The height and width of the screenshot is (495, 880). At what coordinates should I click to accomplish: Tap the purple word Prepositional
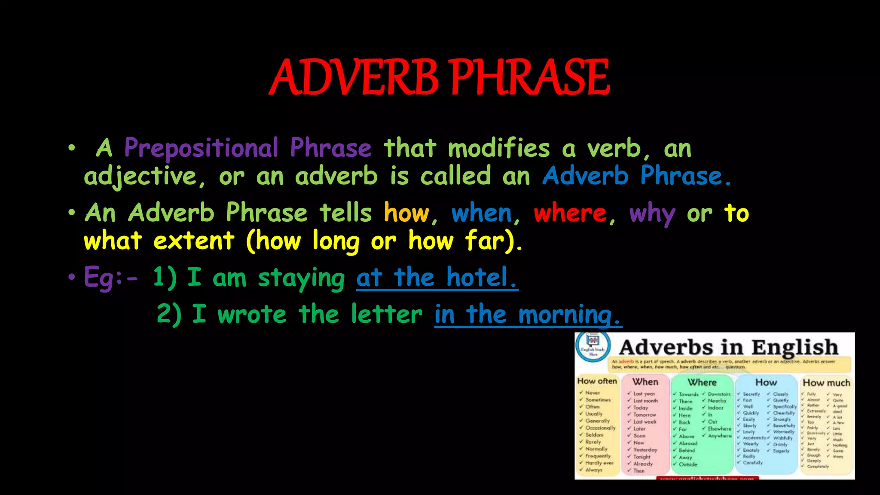pyautogui.click(x=202, y=148)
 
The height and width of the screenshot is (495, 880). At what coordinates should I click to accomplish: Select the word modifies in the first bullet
pyautogui.click(x=499, y=148)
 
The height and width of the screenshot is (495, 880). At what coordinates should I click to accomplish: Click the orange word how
pyautogui.click(x=406, y=213)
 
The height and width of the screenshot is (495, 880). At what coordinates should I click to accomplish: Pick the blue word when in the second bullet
pyautogui.click(x=482, y=213)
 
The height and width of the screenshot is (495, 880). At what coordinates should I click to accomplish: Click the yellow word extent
pyautogui.click(x=194, y=241)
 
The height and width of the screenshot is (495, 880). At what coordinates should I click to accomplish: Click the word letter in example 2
pyautogui.click(x=387, y=314)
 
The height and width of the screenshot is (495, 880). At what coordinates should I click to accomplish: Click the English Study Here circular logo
pyautogui.click(x=593, y=346)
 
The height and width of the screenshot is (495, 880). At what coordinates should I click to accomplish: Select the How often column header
pyautogui.click(x=597, y=381)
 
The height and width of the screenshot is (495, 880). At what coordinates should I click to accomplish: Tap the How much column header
pyautogui.click(x=826, y=382)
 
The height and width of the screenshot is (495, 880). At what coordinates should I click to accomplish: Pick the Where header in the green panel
pyautogui.click(x=702, y=382)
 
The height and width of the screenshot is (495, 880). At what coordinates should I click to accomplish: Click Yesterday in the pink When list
pyautogui.click(x=645, y=450)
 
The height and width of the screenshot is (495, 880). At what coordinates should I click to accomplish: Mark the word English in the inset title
pyautogui.click(x=794, y=347)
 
